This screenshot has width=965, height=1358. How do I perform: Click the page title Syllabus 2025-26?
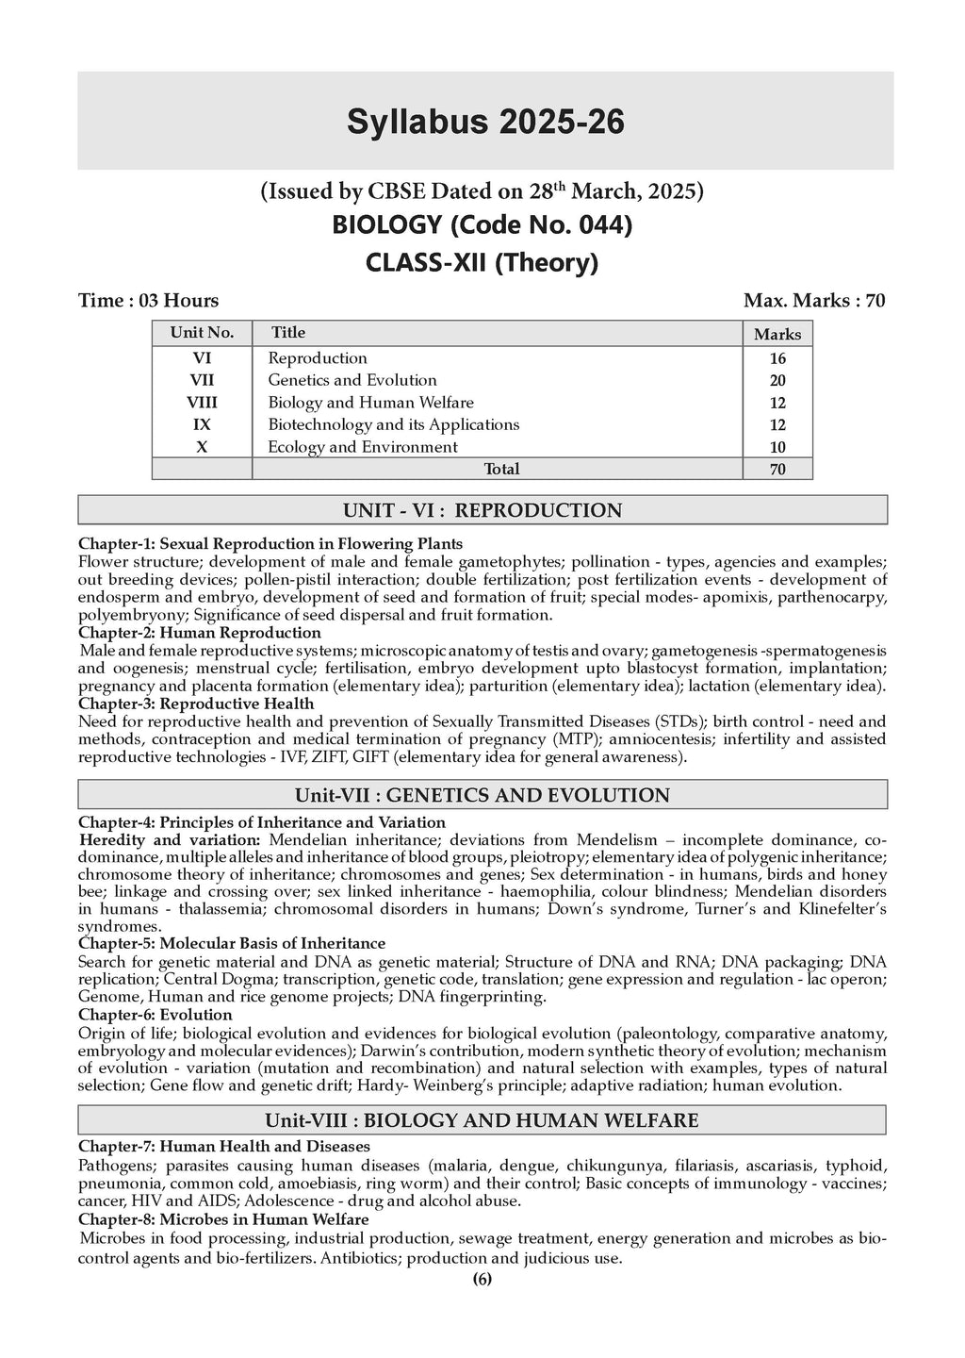(x=485, y=123)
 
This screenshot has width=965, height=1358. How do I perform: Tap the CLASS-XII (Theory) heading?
(x=482, y=262)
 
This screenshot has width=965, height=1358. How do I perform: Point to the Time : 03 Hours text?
(x=148, y=301)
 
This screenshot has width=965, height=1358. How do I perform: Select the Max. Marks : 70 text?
(x=814, y=301)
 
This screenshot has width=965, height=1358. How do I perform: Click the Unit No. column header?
(x=202, y=333)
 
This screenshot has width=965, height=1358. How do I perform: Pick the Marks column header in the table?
(x=777, y=335)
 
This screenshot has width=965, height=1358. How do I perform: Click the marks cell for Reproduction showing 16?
(x=777, y=359)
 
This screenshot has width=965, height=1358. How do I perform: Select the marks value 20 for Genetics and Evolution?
(x=777, y=381)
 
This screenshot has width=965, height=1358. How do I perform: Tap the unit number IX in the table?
(x=202, y=425)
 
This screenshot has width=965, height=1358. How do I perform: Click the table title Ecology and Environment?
(x=363, y=447)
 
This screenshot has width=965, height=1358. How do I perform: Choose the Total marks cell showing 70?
(x=777, y=470)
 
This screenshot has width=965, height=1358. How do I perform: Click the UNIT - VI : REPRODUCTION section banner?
(x=482, y=511)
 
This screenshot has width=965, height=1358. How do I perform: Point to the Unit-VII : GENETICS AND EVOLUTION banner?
(x=482, y=795)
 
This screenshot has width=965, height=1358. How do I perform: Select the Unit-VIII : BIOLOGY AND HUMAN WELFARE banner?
(x=482, y=1120)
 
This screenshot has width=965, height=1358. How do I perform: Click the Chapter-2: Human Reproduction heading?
(x=200, y=633)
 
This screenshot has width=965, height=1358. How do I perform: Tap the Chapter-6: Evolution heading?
(x=155, y=1015)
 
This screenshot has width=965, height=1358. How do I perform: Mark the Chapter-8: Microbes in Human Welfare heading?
(x=223, y=1219)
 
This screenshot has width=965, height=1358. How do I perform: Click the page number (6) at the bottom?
(x=482, y=1280)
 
